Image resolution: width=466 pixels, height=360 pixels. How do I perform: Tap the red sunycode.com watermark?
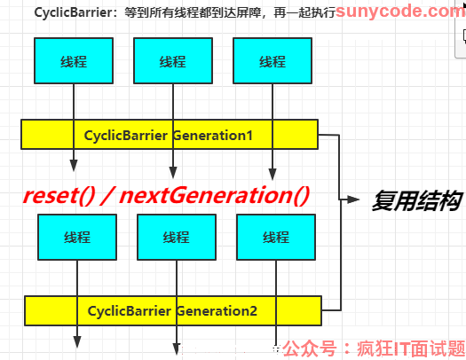[x=400, y=12]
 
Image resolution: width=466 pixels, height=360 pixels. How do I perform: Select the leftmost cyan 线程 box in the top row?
[x=74, y=61]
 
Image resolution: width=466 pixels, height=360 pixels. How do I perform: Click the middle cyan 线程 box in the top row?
[x=173, y=61]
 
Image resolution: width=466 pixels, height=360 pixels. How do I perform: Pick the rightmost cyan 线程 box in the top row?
[x=272, y=61]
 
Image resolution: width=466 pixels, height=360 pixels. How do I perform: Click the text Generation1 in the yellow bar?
[x=212, y=136]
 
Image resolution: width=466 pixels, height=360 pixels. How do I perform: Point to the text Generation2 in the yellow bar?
[x=217, y=311]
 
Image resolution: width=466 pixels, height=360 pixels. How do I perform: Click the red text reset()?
[x=59, y=196]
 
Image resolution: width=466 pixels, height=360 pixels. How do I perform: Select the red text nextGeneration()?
[x=214, y=196]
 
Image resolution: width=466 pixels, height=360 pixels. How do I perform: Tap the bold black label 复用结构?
[x=417, y=201]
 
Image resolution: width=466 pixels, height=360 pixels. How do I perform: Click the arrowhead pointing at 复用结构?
[x=353, y=200]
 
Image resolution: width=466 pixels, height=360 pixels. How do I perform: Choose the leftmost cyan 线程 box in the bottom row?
[x=77, y=237]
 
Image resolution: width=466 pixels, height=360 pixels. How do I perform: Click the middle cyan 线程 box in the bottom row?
[x=177, y=237]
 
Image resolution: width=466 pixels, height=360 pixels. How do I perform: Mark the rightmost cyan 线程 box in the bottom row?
[x=276, y=237]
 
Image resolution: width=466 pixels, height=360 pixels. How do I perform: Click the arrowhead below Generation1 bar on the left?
[x=74, y=166]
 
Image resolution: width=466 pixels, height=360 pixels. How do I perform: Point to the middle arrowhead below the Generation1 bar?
[x=173, y=173]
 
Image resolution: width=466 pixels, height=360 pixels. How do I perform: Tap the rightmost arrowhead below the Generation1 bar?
[x=272, y=174]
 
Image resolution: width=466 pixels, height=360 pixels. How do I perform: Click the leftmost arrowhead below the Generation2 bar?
[x=77, y=342]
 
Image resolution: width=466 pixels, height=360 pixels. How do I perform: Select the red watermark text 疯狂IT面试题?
[x=411, y=348]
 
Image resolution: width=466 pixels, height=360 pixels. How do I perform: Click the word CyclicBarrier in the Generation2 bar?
[x=130, y=311]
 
